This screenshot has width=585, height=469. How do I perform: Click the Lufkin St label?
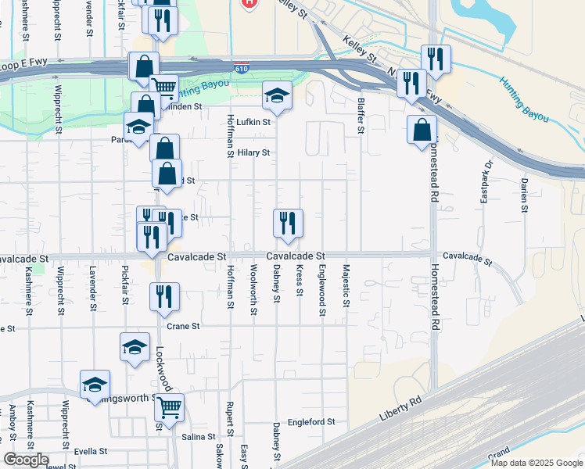click(253, 121)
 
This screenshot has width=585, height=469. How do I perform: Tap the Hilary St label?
click(253, 152)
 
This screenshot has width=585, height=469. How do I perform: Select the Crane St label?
click(184, 326)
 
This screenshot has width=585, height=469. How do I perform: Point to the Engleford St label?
click(310, 421)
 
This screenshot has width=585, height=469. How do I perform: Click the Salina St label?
click(198, 437)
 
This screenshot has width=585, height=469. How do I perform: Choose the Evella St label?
click(90, 451)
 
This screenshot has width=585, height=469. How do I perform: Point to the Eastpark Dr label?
click(485, 182)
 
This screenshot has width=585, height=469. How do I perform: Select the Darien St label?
click(523, 194)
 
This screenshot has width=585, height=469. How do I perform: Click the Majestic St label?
click(345, 281)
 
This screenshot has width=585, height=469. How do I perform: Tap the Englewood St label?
click(322, 290)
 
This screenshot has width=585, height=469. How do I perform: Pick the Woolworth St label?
click(253, 290)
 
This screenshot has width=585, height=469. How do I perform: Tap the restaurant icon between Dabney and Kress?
click(288, 223)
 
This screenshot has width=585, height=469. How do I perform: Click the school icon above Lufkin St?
click(276, 95)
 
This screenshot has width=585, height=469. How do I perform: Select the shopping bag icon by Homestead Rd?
click(422, 129)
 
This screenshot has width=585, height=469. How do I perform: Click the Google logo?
click(25, 460)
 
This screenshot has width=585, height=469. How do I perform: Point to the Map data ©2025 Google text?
click(536, 463)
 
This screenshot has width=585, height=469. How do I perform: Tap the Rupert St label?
click(230, 419)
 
